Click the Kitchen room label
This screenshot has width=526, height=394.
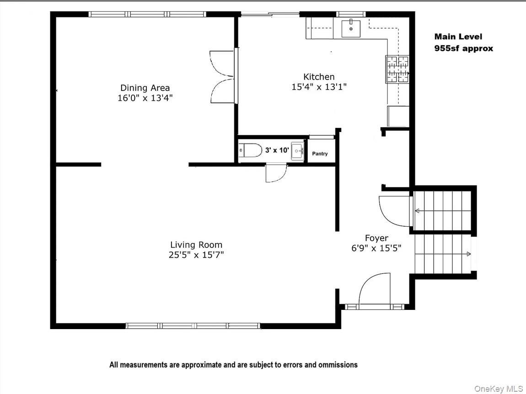319,77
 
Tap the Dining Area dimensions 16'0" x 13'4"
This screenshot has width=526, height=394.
145,98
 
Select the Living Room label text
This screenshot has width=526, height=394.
196,245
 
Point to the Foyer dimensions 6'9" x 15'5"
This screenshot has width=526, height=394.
376,248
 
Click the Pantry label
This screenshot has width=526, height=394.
320,154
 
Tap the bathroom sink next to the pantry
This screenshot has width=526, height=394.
297,150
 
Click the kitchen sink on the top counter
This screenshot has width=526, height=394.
351,29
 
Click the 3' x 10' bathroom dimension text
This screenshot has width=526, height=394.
277,149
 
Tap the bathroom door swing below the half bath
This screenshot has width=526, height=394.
276,174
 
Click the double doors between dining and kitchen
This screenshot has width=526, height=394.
223,76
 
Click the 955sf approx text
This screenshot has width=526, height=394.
463,48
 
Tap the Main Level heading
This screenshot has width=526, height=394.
458,37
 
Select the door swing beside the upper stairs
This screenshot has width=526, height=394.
394,211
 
